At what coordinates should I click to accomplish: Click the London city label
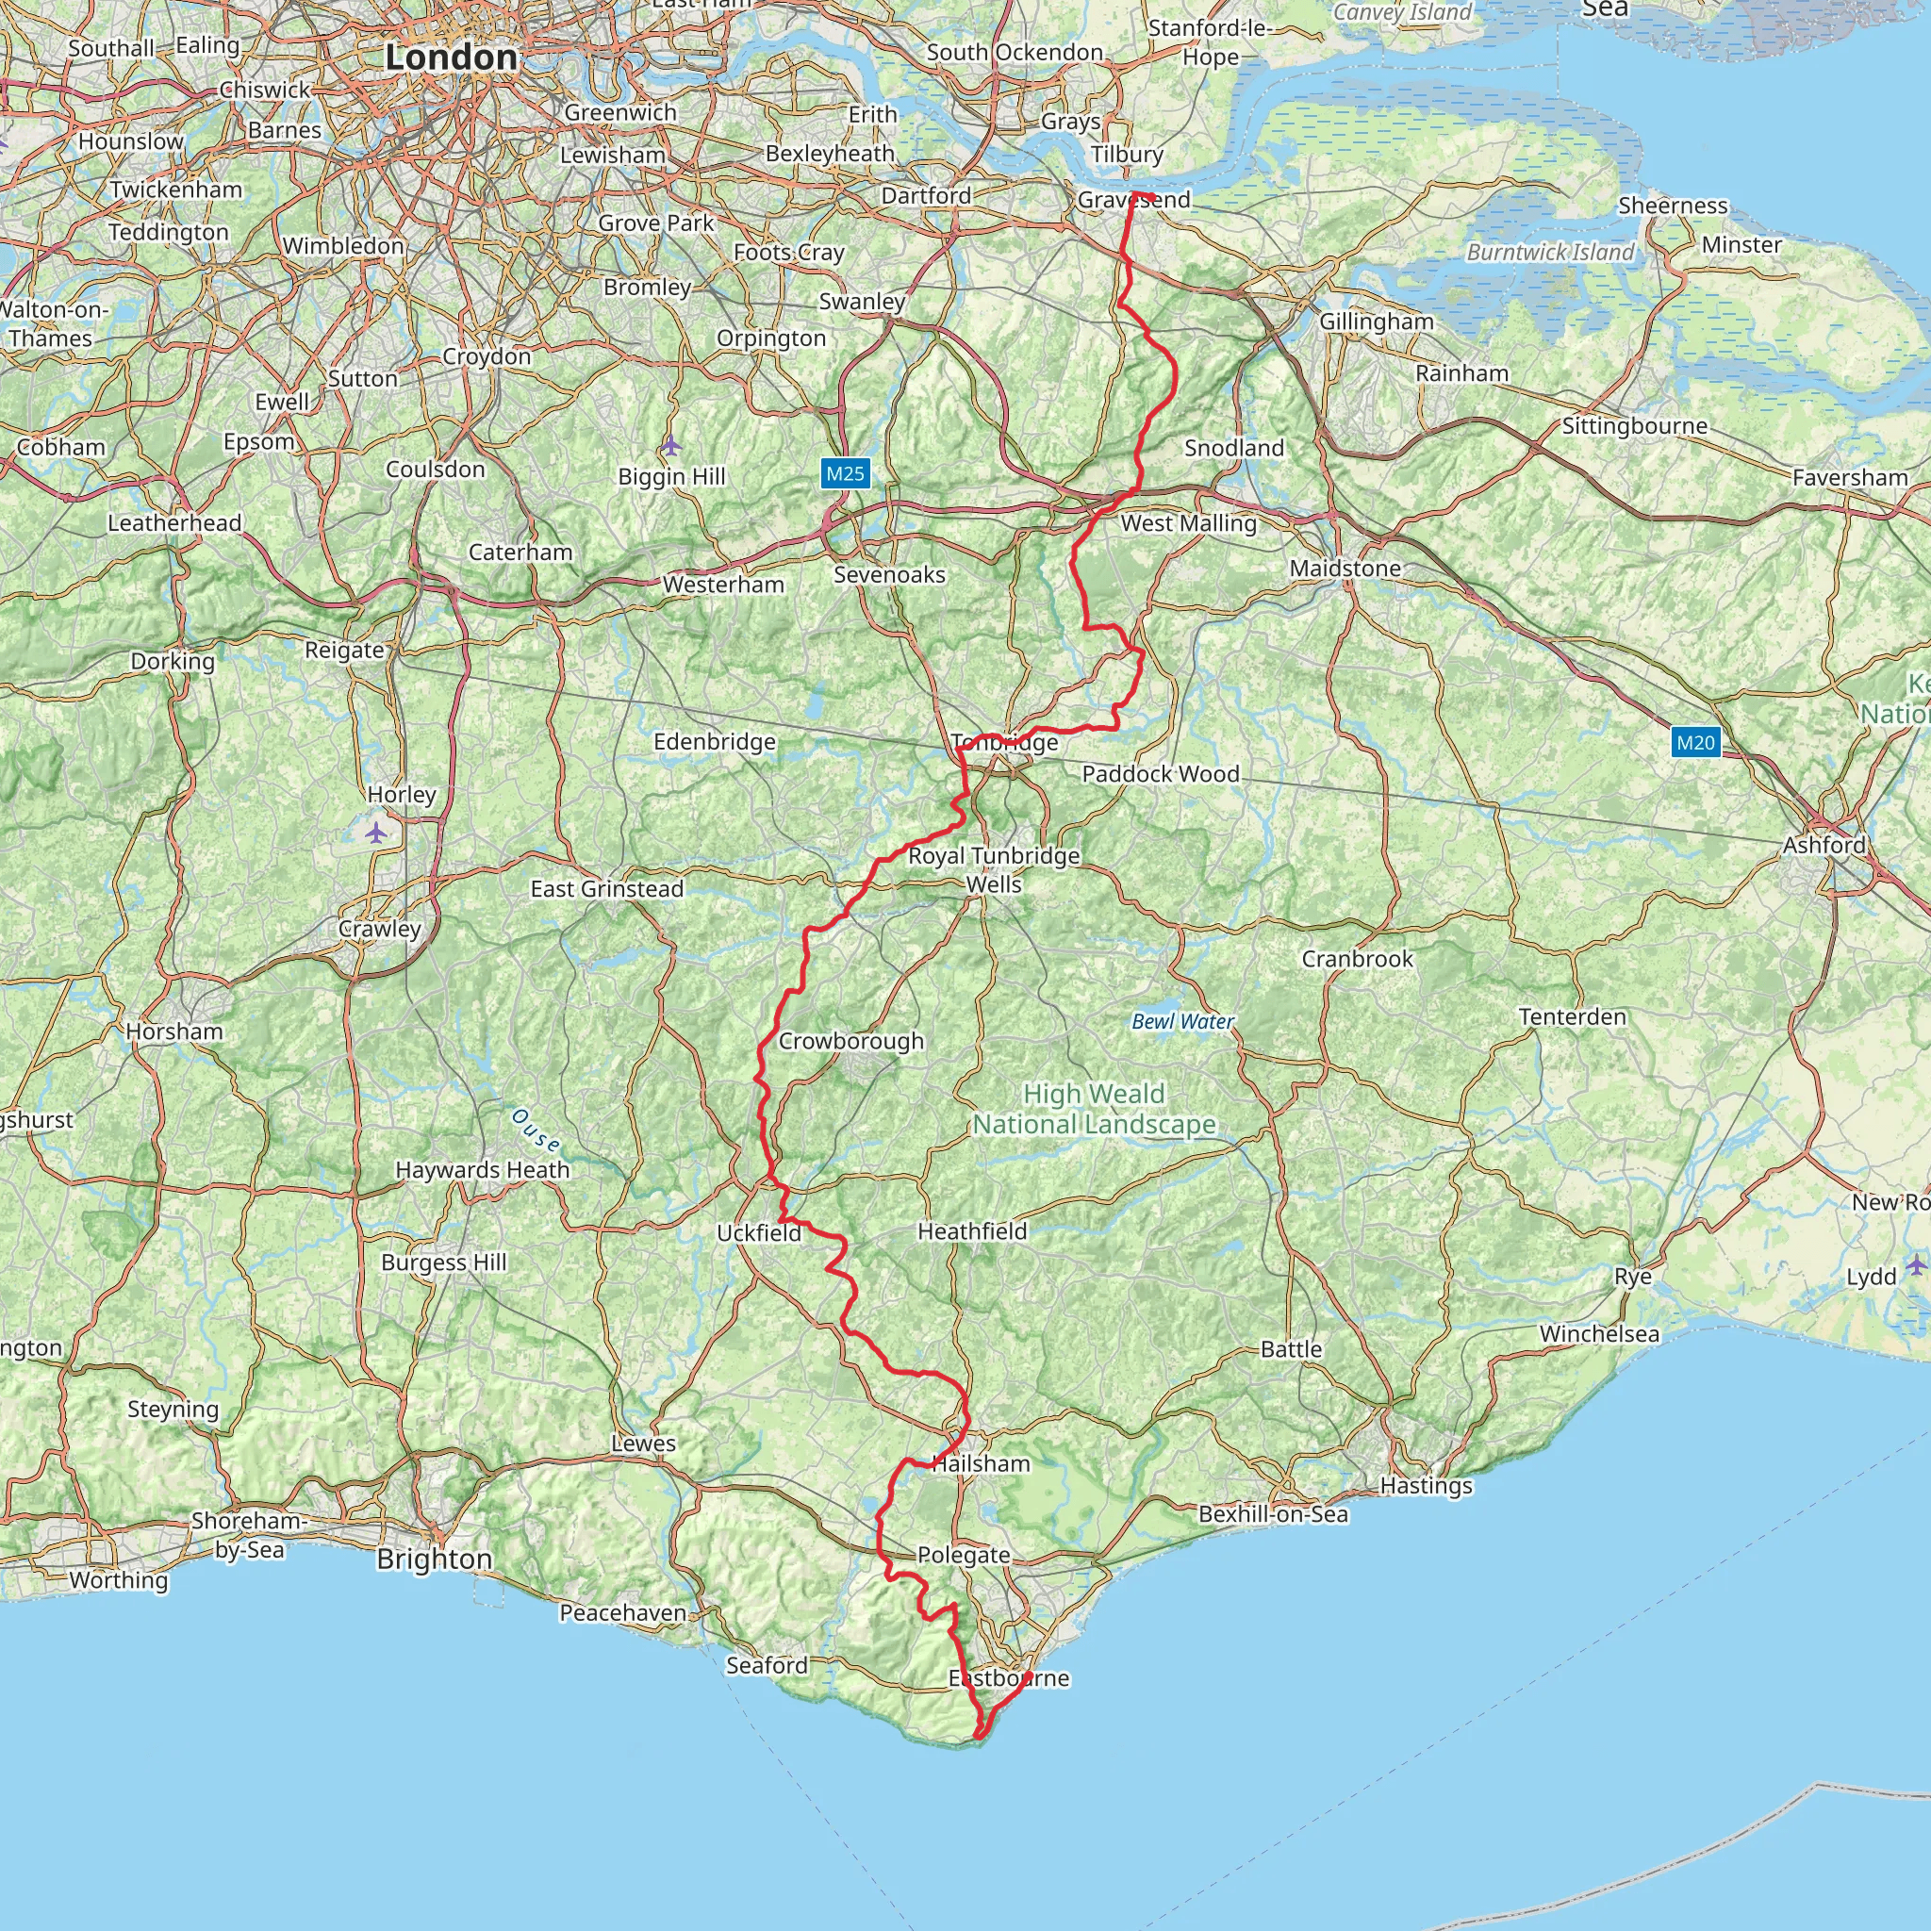451,58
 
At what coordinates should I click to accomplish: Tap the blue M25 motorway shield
845,472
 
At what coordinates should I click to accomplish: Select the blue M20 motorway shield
1695,742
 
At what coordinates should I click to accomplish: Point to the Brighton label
434,1560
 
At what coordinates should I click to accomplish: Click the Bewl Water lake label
1182,1021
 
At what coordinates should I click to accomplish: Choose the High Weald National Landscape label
1095,1110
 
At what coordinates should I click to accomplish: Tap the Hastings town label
1427,1485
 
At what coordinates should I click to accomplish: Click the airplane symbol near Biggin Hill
670,445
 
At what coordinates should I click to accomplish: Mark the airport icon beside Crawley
376,832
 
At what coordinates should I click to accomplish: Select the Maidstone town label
1345,569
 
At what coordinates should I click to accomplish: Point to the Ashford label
1824,845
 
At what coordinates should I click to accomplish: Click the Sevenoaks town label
889,575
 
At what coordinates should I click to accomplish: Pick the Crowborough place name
850,1041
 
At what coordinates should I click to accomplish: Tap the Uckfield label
759,1232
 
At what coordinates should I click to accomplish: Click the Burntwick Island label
1550,252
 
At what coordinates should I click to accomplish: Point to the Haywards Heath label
483,1169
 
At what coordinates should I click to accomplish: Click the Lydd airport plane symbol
1915,1265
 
